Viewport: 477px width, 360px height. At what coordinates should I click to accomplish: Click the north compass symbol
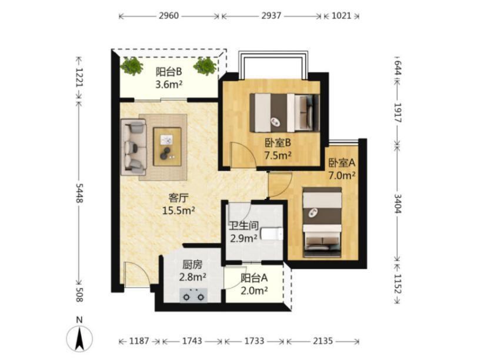[79, 338]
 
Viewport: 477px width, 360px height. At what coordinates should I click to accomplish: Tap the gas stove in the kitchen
[194, 295]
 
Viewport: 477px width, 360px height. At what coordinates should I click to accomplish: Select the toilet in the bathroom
[272, 234]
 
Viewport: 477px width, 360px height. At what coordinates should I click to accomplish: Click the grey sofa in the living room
[134, 147]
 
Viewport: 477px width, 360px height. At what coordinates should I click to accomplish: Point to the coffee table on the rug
[167, 146]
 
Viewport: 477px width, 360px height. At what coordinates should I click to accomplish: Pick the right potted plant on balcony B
[205, 66]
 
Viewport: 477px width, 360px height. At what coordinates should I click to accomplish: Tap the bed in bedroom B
[285, 113]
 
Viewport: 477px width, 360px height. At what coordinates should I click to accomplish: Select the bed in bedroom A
[322, 223]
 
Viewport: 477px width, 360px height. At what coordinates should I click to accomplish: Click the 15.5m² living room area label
[179, 210]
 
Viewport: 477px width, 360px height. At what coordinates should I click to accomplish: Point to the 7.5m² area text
[278, 155]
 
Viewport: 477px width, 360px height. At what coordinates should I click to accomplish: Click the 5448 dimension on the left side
[79, 193]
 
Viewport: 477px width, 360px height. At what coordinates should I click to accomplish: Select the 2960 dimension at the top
[169, 15]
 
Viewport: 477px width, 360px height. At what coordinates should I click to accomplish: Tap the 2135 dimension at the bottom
[323, 341]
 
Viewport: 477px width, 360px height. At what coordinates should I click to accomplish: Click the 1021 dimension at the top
[341, 15]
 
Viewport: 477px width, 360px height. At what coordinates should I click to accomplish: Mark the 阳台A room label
[254, 278]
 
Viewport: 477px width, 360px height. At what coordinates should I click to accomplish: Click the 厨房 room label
[192, 265]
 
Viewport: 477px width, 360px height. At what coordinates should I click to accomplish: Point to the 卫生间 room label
[243, 226]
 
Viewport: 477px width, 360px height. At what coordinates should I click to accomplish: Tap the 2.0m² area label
[254, 291]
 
